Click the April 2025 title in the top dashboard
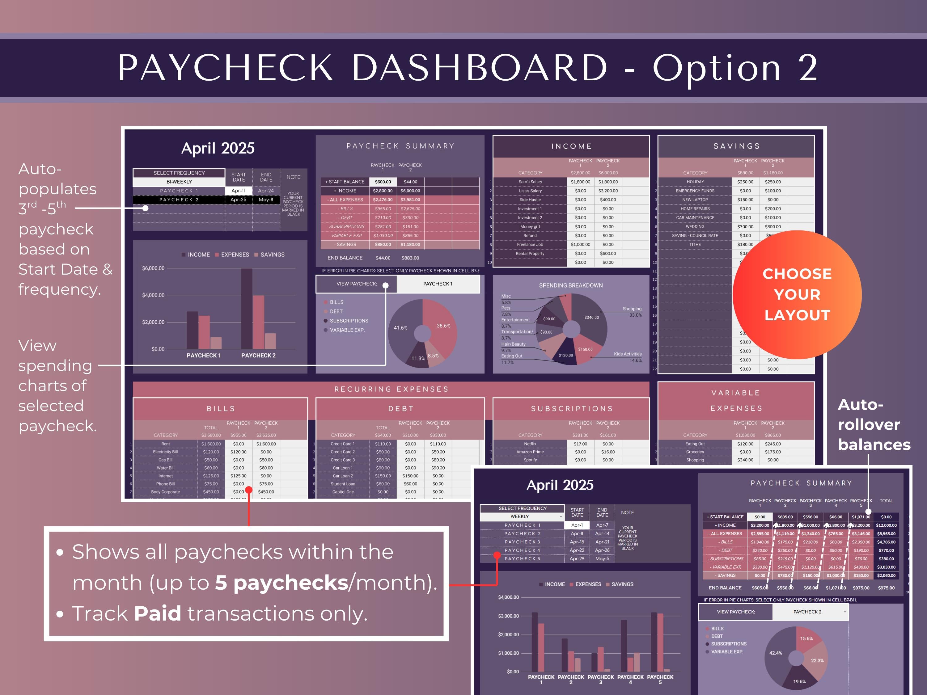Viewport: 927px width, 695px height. pos(218,148)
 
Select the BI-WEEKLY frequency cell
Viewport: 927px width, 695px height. pos(179,182)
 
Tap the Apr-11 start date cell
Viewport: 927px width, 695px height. pos(239,191)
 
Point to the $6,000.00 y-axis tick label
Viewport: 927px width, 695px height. pos(153,268)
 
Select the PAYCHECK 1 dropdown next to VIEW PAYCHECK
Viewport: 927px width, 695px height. pos(438,284)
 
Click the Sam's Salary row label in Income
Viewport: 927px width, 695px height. pos(530,182)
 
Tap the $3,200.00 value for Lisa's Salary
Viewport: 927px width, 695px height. pos(608,191)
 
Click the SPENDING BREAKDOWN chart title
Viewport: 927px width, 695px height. pos(571,285)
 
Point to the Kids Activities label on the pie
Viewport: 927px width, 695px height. pos(627,354)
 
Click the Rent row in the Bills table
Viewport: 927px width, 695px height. pos(166,444)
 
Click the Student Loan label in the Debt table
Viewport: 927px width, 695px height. pos(342,484)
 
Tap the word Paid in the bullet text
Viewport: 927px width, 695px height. pos(158,613)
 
